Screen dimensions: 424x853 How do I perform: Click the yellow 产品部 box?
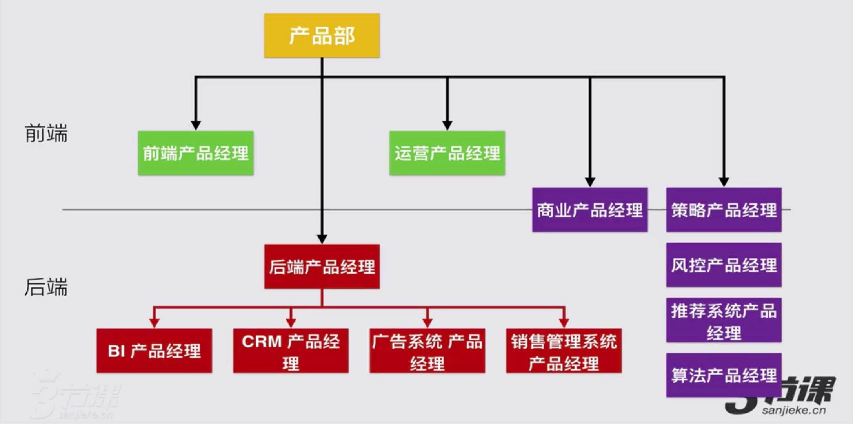point(322,36)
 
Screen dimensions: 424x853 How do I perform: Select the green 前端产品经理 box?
point(196,153)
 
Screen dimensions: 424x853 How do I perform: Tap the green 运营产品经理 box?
point(447,153)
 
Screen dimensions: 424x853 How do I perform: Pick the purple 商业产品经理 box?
point(590,210)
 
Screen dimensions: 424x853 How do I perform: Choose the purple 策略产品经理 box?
point(724,210)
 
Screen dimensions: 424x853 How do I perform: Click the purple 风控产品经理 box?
point(724,265)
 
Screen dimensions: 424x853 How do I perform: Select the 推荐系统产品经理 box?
point(724,320)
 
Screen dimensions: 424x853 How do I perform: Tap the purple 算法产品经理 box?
point(724,375)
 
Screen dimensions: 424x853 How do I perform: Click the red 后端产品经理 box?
point(322,267)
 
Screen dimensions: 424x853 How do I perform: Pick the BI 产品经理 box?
point(154,351)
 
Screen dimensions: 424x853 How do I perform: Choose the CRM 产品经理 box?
point(291,351)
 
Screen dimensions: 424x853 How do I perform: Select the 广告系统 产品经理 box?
point(427,351)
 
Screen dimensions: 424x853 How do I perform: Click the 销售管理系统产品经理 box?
point(564,351)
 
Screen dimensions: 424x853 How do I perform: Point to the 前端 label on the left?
point(46,133)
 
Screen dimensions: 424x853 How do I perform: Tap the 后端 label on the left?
point(46,287)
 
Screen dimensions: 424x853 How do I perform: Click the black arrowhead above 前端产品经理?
point(196,125)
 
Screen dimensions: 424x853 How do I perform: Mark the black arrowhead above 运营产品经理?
point(447,125)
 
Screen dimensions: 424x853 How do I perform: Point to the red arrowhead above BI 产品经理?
point(154,323)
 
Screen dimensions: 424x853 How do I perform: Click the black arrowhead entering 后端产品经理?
point(322,239)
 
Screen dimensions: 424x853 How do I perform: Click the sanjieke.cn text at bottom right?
point(794,411)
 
